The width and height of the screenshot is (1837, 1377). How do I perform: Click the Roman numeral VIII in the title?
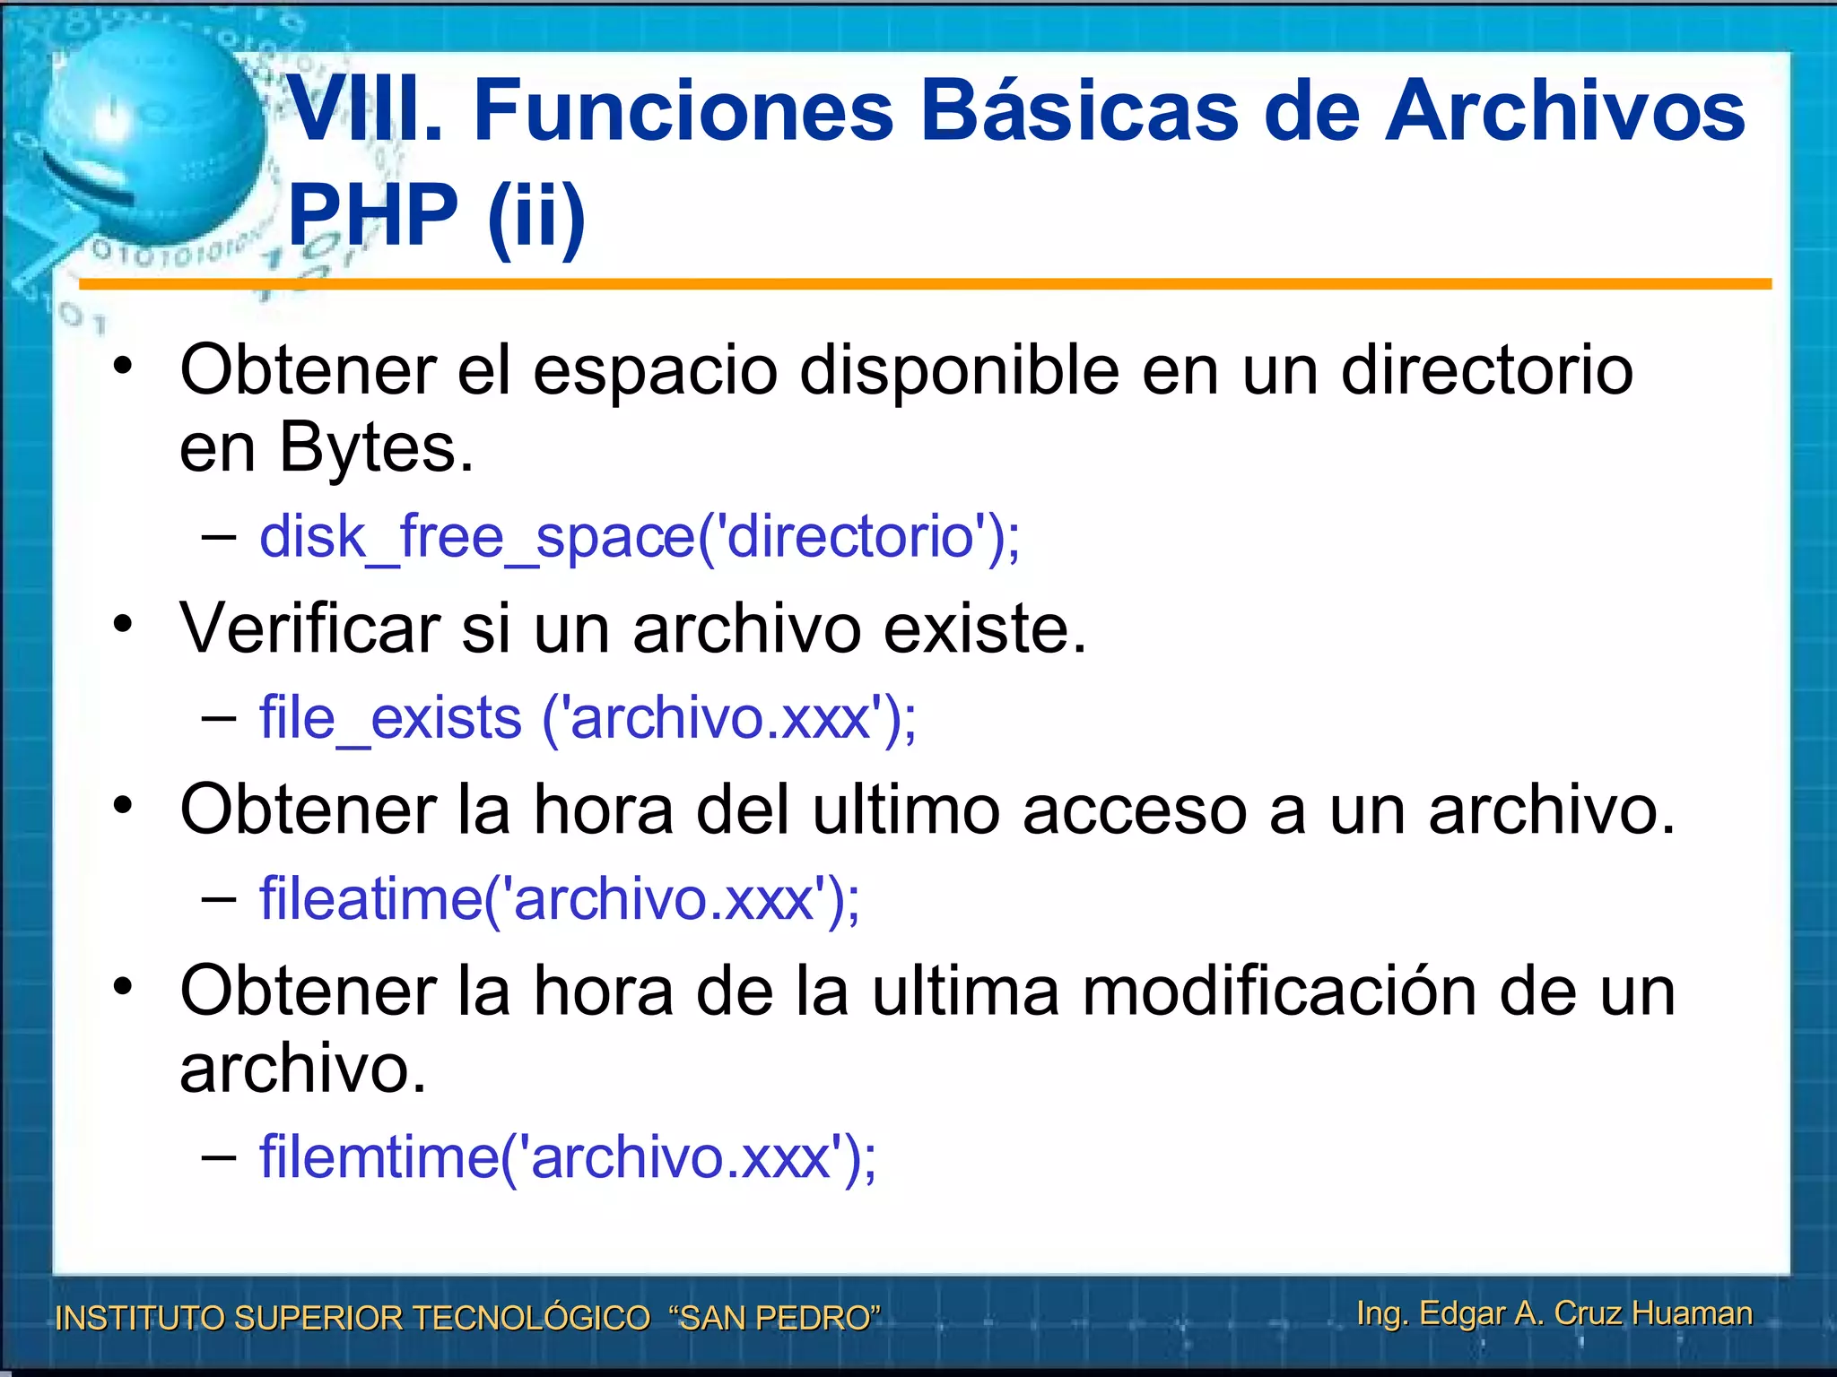click(x=354, y=111)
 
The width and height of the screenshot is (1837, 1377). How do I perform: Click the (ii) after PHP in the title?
click(x=536, y=215)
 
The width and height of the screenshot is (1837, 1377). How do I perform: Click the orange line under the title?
click(x=924, y=284)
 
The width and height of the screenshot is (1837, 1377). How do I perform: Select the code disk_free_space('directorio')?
click(x=639, y=537)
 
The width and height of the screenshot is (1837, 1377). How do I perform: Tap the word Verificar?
click(x=309, y=628)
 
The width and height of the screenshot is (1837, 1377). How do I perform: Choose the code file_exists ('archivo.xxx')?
click(x=588, y=719)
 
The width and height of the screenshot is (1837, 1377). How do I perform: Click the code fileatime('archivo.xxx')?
click(x=559, y=899)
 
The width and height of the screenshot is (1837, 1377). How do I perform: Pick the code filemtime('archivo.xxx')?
click(x=567, y=1157)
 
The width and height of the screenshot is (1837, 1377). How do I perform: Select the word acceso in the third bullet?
click(x=1134, y=810)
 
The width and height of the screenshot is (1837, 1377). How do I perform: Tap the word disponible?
click(x=959, y=371)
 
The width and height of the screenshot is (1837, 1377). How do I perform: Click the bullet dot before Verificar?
click(x=123, y=623)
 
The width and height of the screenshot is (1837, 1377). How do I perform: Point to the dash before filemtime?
click(x=219, y=1157)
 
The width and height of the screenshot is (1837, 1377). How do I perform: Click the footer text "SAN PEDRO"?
click(x=775, y=1318)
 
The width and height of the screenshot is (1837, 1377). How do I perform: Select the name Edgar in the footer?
click(x=1462, y=1313)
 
